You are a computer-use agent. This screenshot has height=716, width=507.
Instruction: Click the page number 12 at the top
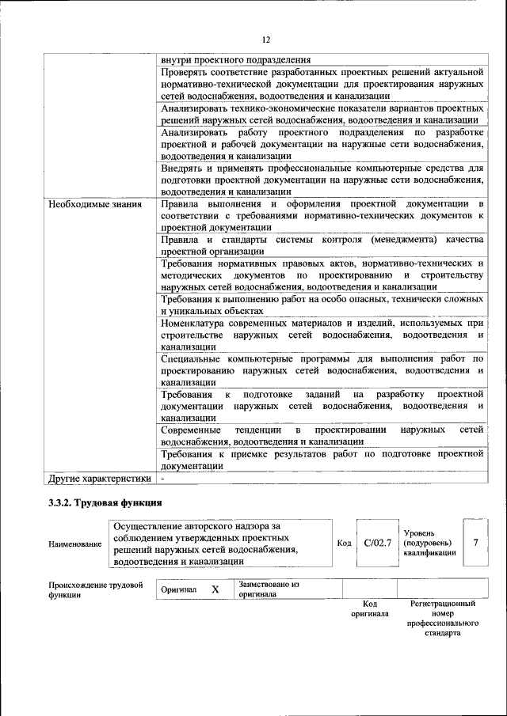[265, 40]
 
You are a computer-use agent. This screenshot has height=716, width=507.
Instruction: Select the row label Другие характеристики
[99, 479]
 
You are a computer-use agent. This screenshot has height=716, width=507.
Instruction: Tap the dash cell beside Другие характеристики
[162, 479]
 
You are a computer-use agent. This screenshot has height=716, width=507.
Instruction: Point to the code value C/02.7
[378, 543]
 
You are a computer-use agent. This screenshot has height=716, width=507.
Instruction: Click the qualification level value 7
[475, 543]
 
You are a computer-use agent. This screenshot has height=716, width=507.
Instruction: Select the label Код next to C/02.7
[344, 544]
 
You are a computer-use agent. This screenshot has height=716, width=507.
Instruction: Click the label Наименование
[74, 544]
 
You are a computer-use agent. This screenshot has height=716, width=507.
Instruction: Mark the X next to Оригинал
[215, 590]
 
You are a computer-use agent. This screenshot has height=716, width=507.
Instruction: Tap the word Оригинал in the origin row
[178, 590]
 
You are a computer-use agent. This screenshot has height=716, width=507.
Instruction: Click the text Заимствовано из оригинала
[269, 589]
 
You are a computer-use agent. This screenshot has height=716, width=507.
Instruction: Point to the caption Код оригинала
[369, 608]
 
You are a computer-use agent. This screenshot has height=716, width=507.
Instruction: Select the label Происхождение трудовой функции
[95, 590]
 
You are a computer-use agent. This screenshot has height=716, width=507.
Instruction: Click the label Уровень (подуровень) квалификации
[429, 543]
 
